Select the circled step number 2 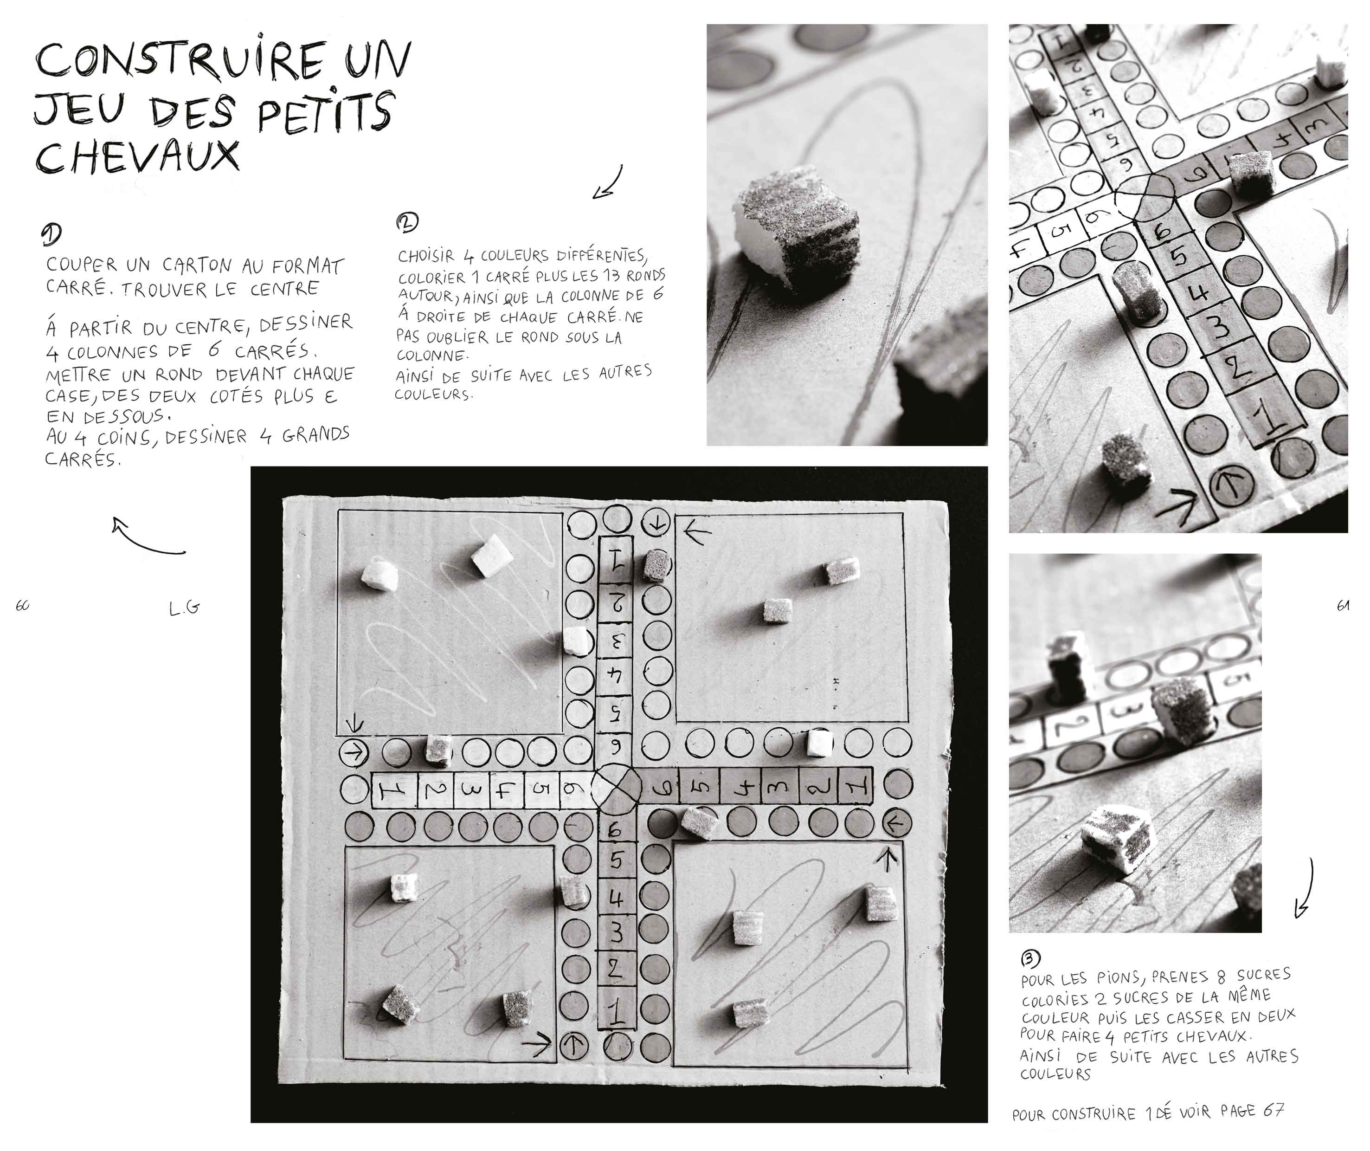tap(407, 222)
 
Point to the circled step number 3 tap(1030, 958)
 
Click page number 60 tap(22, 606)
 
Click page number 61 tap(1343, 606)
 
